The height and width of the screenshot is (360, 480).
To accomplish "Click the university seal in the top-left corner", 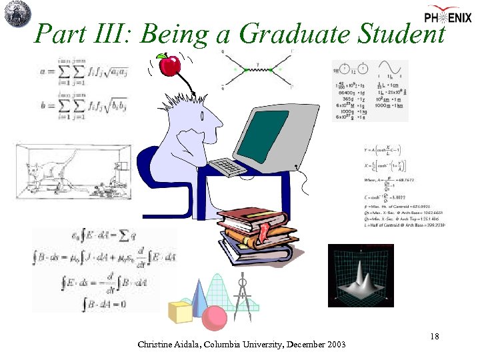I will pos(15,14).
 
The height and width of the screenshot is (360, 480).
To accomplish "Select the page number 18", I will pos(434,336).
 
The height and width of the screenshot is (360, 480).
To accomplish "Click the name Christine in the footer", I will pos(156,345).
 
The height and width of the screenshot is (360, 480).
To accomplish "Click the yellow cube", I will pos(181,311).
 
